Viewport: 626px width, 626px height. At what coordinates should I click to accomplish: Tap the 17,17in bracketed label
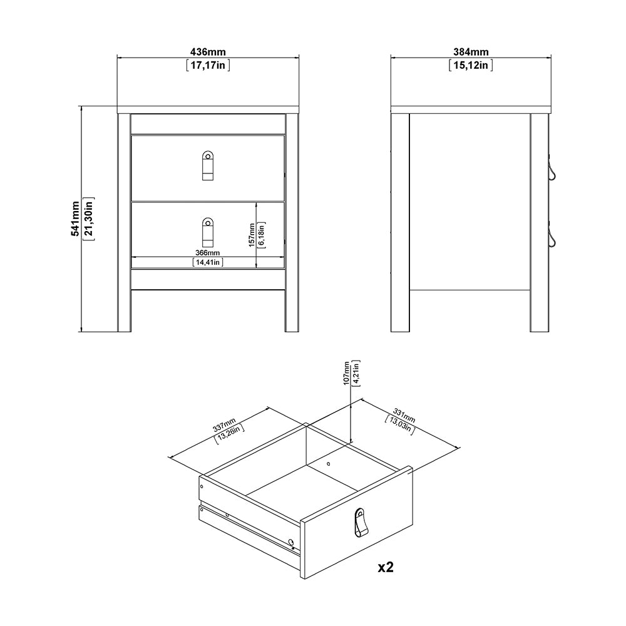click(x=208, y=64)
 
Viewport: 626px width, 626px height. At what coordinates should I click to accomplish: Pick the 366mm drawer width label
click(x=208, y=253)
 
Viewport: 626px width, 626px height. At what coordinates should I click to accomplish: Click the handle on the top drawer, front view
click(x=208, y=165)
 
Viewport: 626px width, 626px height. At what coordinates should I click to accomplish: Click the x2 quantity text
click(x=385, y=568)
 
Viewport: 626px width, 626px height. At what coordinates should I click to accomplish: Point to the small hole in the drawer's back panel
click(x=329, y=464)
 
